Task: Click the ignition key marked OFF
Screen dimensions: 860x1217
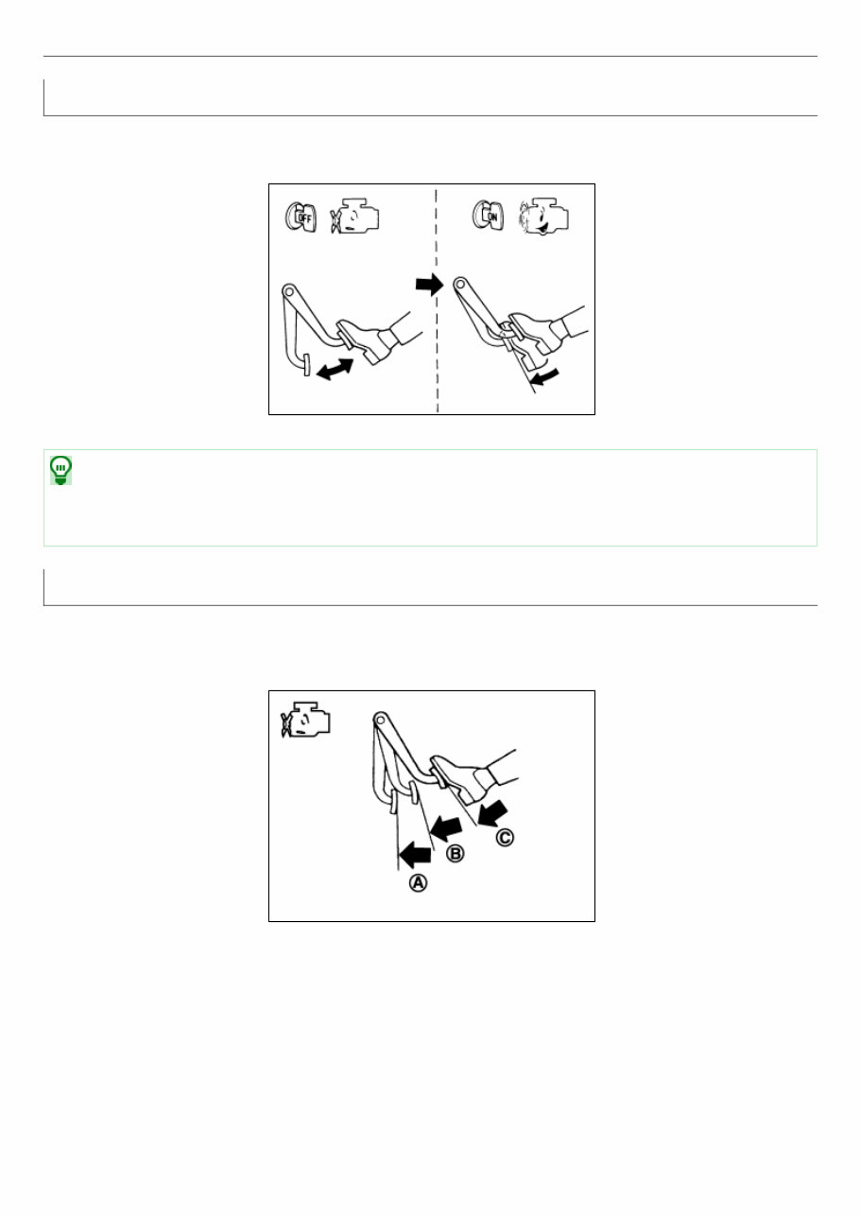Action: pos(301,217)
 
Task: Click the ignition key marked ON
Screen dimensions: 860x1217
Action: pos(488,216)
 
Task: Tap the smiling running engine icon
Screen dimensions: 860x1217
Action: pos(543,217)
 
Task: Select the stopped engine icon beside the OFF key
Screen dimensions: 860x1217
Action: pos(355,217)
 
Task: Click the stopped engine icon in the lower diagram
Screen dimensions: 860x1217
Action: pos(305,720)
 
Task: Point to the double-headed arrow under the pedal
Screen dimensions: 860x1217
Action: pos(335,369)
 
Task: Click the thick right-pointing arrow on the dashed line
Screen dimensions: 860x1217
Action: pos(429,284)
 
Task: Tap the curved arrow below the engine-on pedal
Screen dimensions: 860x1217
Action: pos(544,376)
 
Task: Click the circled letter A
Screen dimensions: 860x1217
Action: pos(418,883)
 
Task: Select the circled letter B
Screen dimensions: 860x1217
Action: pos(455,854)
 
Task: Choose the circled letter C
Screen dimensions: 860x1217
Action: pos(505,837)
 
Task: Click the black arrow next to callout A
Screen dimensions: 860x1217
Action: pos(415,855)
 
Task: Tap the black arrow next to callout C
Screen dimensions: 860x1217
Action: pos(493,813)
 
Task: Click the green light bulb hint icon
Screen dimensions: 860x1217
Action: pos(60,470)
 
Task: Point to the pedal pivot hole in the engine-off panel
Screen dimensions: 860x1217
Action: pos(288,289)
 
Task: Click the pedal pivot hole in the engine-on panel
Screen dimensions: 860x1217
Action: pos(460,284)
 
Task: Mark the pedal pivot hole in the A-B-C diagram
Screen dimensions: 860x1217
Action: pos(380,720)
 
